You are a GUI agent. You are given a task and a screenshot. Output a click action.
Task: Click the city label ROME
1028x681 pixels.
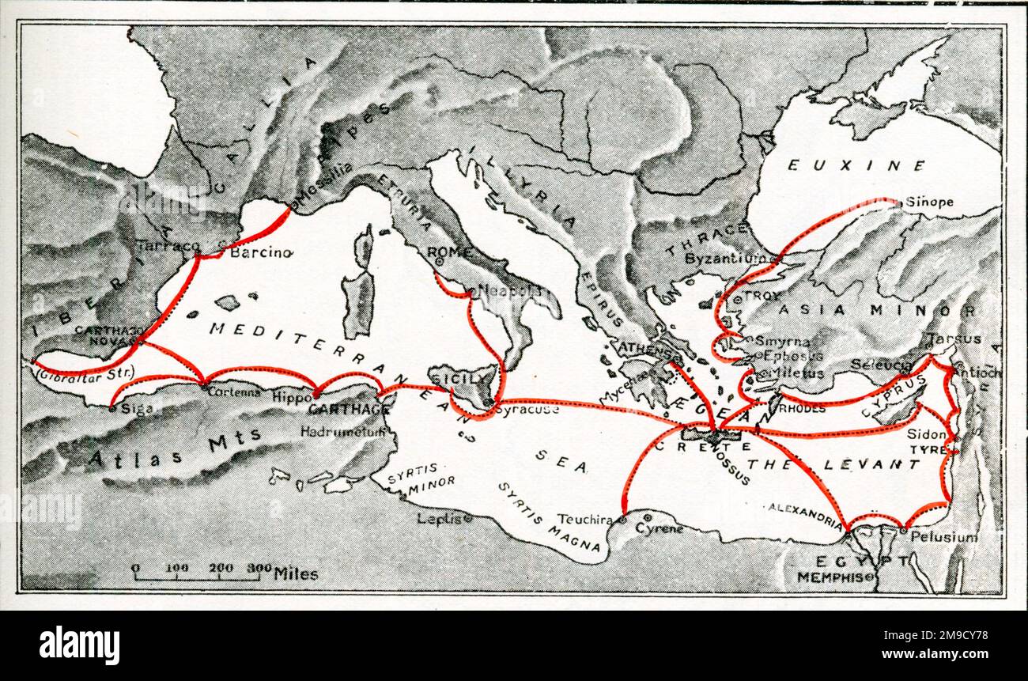(448, 252)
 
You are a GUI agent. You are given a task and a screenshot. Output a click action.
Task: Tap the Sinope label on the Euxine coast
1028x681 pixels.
(929, 202)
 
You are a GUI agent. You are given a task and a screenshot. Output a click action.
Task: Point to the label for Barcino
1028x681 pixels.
(261, 253)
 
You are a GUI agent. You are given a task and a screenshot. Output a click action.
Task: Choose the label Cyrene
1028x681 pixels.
(660, 528)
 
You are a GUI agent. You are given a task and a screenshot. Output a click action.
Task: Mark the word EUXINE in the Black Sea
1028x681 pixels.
(856, 165)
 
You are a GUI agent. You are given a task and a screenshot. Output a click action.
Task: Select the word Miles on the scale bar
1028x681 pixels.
(296, 573)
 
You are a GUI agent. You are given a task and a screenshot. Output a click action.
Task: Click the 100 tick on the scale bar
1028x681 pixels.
(176, 567)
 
